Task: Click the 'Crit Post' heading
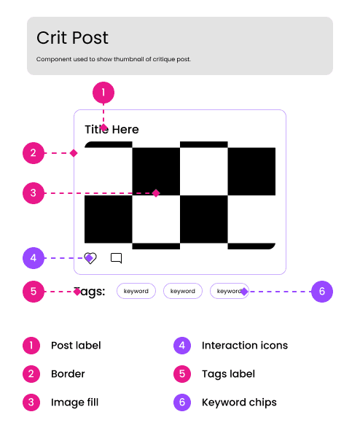point(72,38)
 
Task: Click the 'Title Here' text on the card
point(111,129)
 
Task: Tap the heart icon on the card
point(90,258)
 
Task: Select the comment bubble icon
point(116,258)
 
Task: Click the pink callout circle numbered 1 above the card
point(103,93)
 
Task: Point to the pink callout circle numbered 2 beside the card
point(34,153)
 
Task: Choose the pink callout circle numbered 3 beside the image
point(34,193)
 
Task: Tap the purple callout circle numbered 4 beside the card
point(34,258)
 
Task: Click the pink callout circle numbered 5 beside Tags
point(34,292)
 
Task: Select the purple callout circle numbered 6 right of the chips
point(322,292)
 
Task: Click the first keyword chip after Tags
point(136,291)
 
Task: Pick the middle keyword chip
point(183,291)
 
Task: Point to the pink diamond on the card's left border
point(74,153)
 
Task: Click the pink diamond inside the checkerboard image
point(156,193)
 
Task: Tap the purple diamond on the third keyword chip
point(244,292)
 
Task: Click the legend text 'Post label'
point(76,346)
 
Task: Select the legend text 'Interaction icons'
point(245,346)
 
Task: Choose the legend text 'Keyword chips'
point(239,402)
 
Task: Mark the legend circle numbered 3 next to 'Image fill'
point(31,402)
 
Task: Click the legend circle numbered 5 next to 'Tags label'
point(182,374)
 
